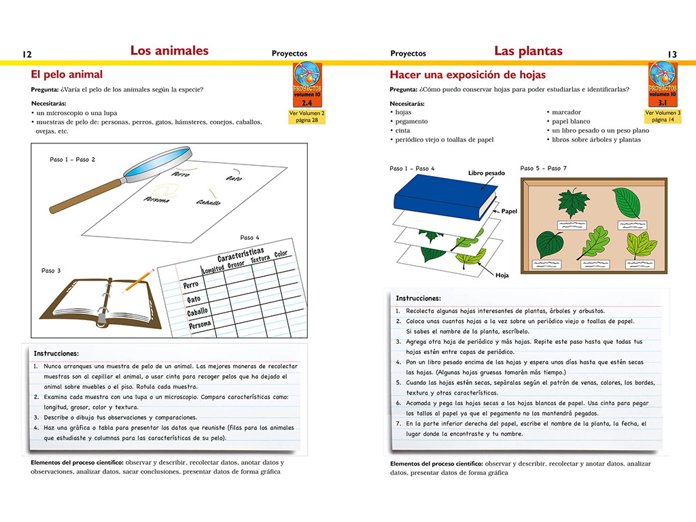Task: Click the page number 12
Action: [27, 54]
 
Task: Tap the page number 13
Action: [672, 54]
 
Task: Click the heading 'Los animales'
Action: [169, 50]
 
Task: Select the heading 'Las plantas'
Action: [528, 50]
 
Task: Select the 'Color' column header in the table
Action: [281, 254]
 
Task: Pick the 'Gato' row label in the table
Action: [194, 299]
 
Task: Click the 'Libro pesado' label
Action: [487, 173]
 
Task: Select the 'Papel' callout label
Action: [509, 211]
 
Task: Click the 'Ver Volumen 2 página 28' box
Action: [307, 116]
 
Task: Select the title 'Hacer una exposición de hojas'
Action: [468, 75]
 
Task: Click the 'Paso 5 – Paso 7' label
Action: [543, 168]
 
